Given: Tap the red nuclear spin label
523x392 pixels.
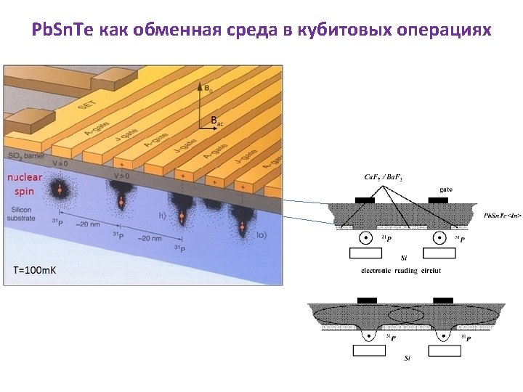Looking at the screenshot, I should [25, 184].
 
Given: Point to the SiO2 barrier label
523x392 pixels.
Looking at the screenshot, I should [25, 156].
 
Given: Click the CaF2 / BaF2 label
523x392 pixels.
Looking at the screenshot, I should [383, 176].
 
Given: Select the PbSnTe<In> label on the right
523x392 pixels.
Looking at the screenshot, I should [502, 215].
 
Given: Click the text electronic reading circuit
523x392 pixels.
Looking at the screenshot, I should [401, 270].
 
